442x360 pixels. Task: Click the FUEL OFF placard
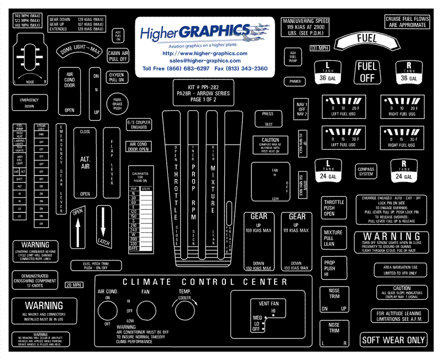367,72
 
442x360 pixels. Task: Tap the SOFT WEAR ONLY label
393,340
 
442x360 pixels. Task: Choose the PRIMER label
294,81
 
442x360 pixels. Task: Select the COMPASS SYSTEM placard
366,171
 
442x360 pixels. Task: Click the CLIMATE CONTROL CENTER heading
205,282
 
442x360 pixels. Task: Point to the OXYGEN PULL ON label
117,77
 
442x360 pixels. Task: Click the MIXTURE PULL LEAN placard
333,238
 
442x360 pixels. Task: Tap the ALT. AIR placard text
85,158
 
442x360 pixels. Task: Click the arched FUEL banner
367,40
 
